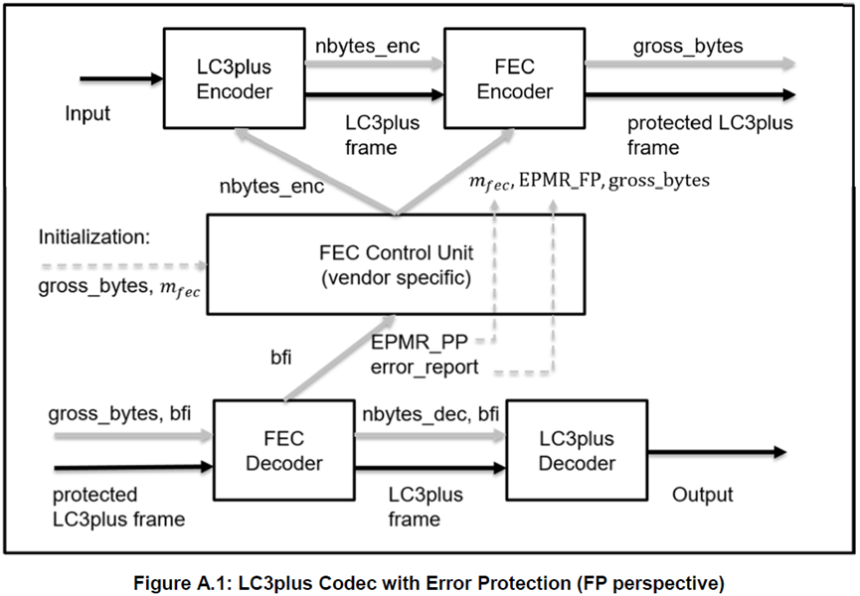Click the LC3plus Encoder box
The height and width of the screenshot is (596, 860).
[235, 76]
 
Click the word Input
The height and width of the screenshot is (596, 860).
[87, 113]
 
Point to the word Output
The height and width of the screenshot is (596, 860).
[702, 495]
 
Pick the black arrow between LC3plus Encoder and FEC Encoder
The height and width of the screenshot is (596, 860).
[373, 95]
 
